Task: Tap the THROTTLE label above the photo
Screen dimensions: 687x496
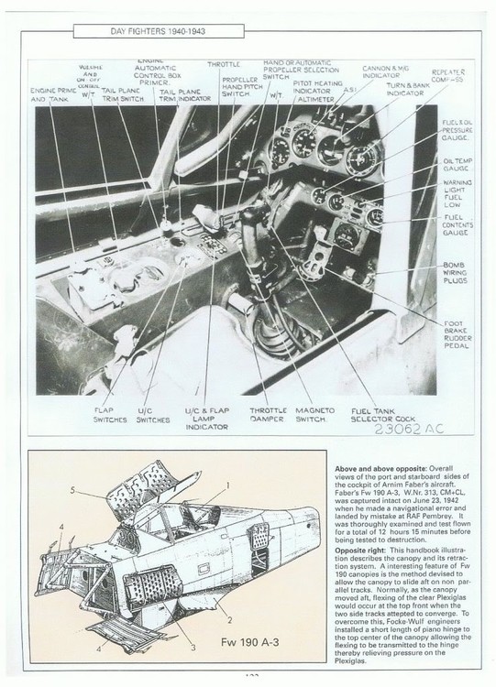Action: (x=223, y=65)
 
